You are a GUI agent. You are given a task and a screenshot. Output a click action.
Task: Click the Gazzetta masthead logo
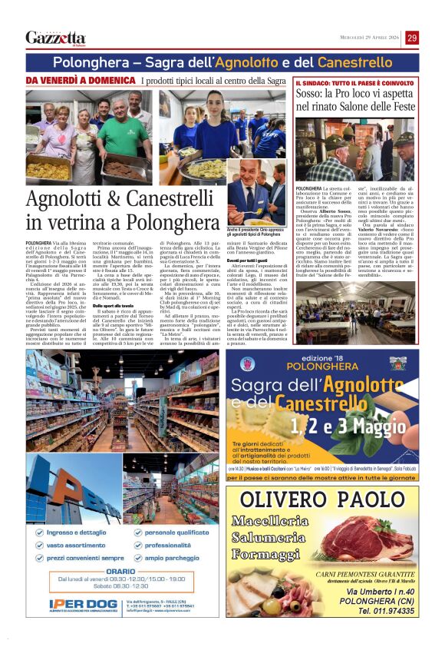(55, 38)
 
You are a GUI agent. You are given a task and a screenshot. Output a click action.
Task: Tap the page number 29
(412, 38)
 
